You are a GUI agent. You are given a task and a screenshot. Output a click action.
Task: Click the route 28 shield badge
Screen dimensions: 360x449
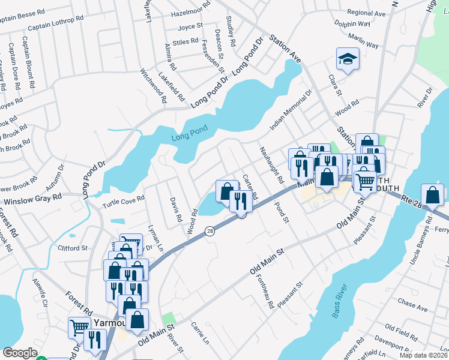(210, 231)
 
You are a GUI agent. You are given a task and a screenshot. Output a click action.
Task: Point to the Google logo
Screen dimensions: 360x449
(20, 353)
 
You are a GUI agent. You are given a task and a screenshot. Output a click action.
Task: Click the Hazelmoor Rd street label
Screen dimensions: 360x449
(190, 12)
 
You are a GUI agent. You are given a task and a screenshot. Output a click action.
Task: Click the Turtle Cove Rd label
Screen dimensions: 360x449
(124, 199)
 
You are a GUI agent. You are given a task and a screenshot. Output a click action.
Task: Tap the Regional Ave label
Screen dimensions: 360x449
(366, 13)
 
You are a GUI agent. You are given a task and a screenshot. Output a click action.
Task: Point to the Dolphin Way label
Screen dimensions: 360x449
(352, 25)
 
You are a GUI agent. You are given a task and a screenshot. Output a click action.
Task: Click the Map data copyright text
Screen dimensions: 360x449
(424, 355)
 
